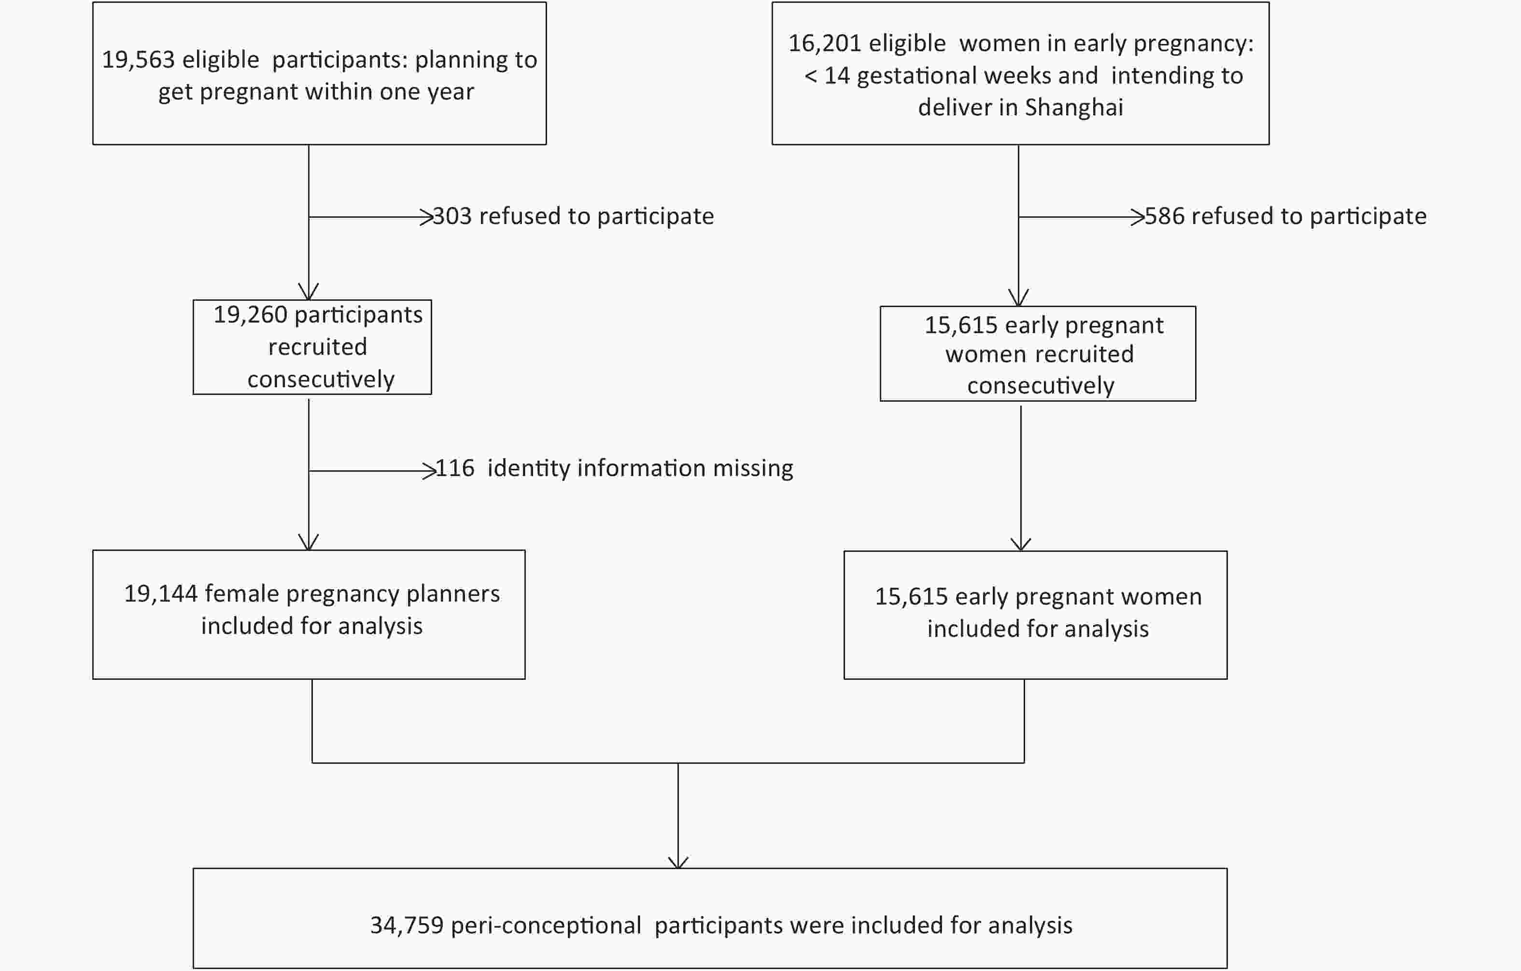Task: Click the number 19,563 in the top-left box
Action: tap(138, 60)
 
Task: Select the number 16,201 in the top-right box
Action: tap(825, 43)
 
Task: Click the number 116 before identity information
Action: tap(455, 469)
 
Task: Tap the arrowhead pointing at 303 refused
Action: tap(427, 217)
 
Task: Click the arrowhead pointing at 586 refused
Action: tap(1138, 217)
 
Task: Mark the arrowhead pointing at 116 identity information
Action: tap(430, 471)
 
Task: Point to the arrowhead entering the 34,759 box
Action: tap(678, 863)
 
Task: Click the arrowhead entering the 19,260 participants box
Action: tap(308, 292)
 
